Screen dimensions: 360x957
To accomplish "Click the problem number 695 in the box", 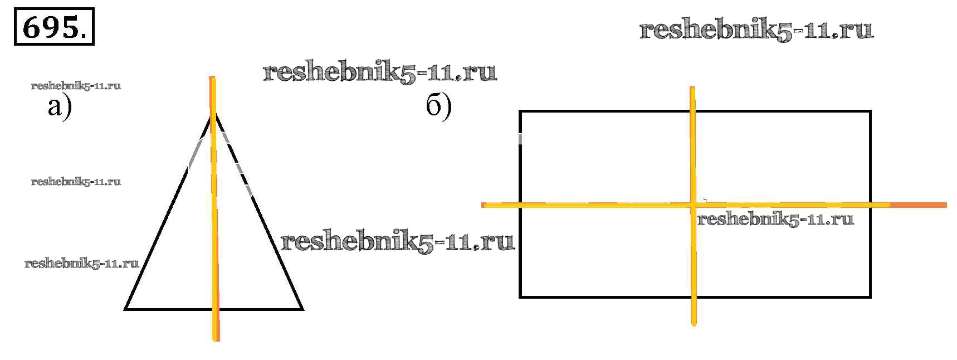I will tap(53, 26).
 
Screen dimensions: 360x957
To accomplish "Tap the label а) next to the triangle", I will tap(60, 106).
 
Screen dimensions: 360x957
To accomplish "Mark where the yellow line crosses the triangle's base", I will tap(215, 308).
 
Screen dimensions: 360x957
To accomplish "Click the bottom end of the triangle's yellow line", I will tap(216, 338).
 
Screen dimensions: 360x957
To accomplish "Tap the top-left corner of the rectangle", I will tap(520, 111).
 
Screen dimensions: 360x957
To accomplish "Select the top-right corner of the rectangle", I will tap(870, 111).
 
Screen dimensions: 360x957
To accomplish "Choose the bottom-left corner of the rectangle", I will tap(520, 296).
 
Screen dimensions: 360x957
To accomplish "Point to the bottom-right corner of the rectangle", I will tap(870, 296).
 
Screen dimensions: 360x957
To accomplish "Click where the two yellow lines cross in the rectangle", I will tap(693, 205).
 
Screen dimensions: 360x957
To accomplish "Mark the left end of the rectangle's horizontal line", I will tap(484, 206).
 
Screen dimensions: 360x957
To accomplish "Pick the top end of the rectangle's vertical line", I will tap(692, 89).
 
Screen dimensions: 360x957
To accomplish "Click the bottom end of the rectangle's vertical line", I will tap(694, 323).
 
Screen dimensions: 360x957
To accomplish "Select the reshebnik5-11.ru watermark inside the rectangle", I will tap(775, 219).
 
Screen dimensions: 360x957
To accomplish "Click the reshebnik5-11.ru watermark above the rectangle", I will tap(756, 30).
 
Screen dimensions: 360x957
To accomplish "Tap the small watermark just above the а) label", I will tap(76, 86).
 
